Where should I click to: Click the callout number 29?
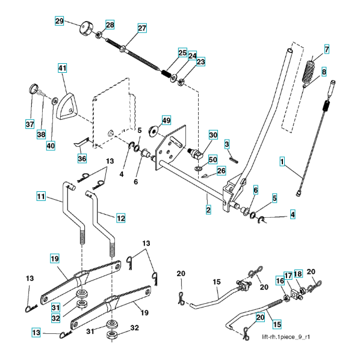(59, 21)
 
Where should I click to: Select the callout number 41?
(62, 68)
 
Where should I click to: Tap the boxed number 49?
(166, 120)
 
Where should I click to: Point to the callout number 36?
(82, 158)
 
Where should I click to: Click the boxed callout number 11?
(41, 196)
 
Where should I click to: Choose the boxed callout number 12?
(121, 218)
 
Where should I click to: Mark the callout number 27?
(142, 28)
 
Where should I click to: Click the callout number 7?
(327, 49)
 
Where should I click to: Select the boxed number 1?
(282, 161)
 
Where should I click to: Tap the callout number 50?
(213, 159)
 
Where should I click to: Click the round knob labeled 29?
(85, 28)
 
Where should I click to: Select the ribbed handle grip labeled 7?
(310, 72)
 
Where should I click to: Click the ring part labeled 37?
(34, 88)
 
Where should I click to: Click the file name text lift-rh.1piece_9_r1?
(286, 337)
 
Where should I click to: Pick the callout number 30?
(213, 135)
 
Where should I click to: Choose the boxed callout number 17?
(288, 276)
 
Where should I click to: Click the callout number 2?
(208, 210)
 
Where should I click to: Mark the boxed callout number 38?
(41, 134)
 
